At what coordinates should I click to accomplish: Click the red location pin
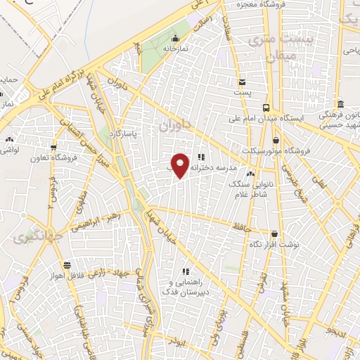point(180,165)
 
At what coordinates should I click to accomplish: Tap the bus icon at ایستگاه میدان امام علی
point(266,108)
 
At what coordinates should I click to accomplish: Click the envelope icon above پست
point(242,82)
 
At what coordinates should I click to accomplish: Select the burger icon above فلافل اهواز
point(67,264)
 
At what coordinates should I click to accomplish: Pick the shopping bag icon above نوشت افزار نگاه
point(274,234)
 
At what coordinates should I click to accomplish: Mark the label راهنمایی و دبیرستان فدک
point(186,285)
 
